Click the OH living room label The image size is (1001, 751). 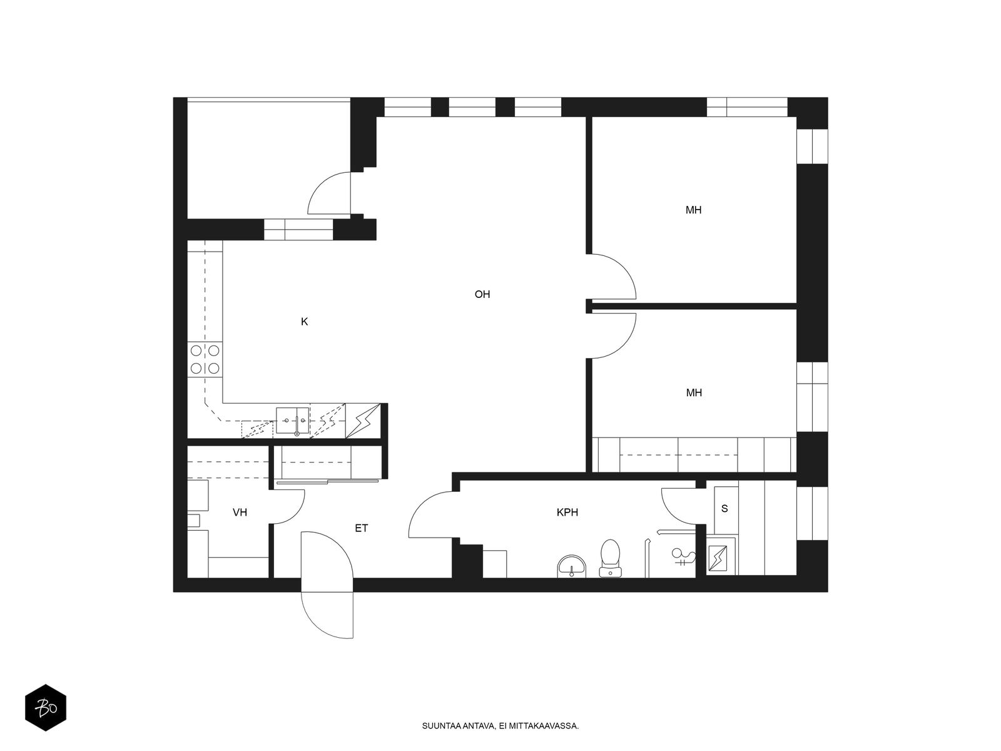pos(482,295)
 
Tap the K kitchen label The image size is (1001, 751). pos(304,322)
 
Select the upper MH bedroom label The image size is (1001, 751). pos(693,210)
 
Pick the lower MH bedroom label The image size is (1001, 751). pos(694,392)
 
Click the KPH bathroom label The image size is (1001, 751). pos(567,513)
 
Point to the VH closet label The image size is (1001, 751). pos(240,513)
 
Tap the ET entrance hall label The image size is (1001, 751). pos(361,528)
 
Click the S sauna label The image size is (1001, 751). pos(724,509)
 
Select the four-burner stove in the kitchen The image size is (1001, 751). pos(205,359)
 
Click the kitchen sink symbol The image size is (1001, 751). pos(292,421)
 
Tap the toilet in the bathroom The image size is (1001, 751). pos(610,559)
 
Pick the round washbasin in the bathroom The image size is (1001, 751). pos(571,567)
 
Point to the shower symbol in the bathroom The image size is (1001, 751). pos(683,557)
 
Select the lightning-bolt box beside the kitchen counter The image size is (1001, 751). pos(363,421)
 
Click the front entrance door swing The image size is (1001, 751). pos(327,585)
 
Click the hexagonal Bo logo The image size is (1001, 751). pos(46,708)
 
